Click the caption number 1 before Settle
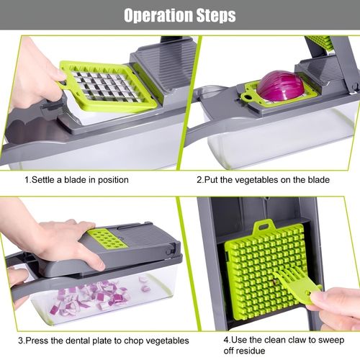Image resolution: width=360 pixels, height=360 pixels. click(x=27, y=180)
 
